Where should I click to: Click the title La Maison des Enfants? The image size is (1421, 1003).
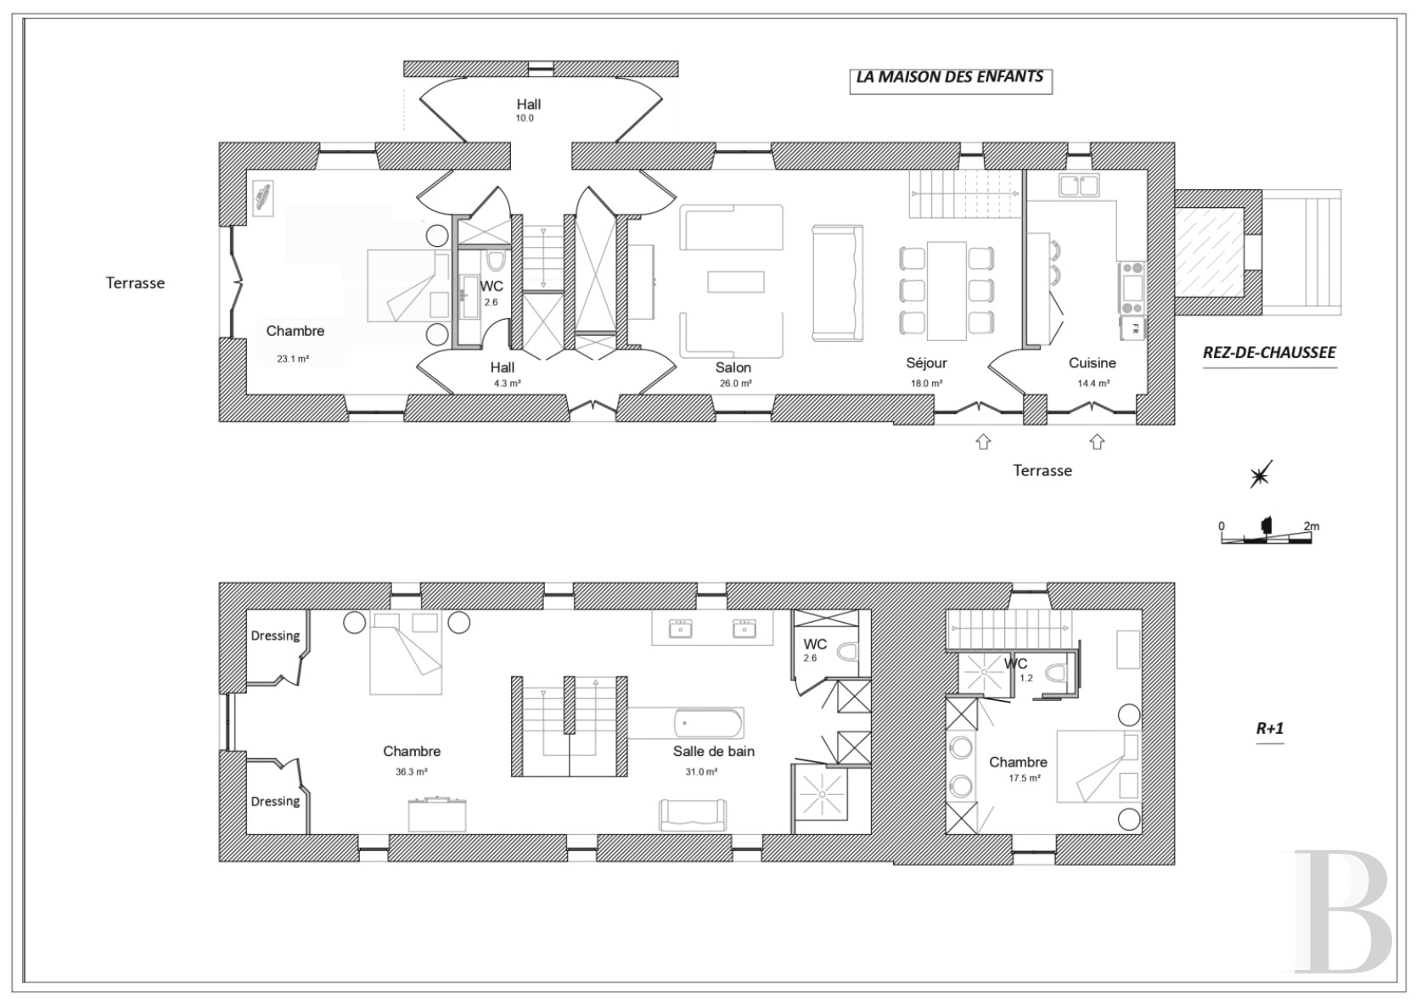[950, 76]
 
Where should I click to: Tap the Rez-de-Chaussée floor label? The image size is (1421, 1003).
[1269, 352]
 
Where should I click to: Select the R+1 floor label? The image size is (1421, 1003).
[1270, 728]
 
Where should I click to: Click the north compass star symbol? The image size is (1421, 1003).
[1261, 474]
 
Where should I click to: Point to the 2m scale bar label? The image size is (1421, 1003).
[1311, 526]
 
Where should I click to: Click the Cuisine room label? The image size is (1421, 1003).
[1092, 362]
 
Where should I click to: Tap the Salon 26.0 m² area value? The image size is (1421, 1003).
[736, 384]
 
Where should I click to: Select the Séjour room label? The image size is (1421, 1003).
[926, 362]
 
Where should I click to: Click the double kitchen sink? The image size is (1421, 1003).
[1078, 185]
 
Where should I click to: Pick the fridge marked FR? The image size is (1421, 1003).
[1133, 328]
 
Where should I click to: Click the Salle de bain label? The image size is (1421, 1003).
[714, 751]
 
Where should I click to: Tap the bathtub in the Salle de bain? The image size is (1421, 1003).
[709, 724]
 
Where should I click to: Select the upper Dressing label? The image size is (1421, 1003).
[275, 636]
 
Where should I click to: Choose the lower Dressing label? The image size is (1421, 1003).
[275, 801]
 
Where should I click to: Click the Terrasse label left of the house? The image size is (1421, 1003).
[135, 283]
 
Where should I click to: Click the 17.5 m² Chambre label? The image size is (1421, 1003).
[1018, 769]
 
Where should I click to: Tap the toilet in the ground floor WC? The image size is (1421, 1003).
[495, 261]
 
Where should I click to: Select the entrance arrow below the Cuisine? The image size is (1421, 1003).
[1097, 441]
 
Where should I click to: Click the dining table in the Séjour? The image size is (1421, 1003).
[946, 290]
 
